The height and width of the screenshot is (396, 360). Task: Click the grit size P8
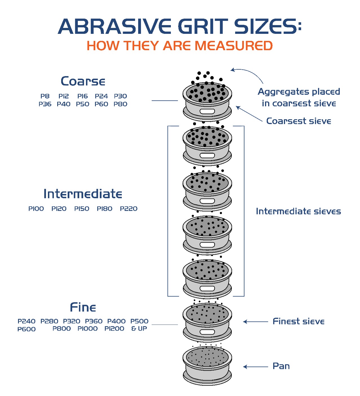coord(45,96)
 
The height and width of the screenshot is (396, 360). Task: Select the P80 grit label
coord(120,104)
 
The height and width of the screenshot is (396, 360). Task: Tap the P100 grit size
coord(36,209)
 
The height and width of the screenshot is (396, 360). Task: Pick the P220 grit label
coord(129,209)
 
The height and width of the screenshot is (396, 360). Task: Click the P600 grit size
coord(26,329)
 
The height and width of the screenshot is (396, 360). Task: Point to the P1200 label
coord(114,328)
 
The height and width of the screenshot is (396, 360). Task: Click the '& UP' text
coord(139,328)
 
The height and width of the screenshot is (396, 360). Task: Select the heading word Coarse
coord(83,81)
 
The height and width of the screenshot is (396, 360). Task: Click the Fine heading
coord(83,307)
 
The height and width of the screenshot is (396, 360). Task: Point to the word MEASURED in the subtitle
coord(233,46)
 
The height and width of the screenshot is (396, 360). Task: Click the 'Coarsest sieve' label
coord(299,121)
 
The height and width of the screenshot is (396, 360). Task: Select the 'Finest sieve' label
coord(298,321)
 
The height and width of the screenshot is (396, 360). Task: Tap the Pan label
coord(281,366)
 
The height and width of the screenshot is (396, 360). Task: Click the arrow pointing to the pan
coord(255,367)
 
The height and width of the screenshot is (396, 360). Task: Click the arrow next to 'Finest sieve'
coord(255,322)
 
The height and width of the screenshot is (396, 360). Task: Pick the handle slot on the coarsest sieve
coord(207,111)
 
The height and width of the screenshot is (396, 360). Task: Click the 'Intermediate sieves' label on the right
coord(298,211)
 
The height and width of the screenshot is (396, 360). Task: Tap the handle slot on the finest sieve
coord(207,332)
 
